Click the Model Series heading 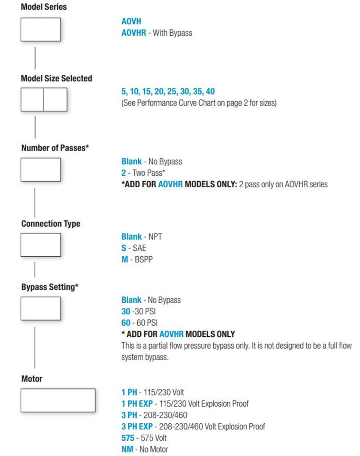(x=43, y=7)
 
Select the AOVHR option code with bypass (x=133, y=33)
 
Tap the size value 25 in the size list (x=172, y=91)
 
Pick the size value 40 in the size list (x=210, y=91)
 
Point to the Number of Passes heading (x=55, y=148)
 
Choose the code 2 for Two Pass (x=124, y=173)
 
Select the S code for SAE (x=124, y=248)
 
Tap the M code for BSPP (x=125, y=259)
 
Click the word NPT (x=155, y=236)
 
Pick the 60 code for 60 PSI (x=126, y=323)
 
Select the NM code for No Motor (x=127, y=449)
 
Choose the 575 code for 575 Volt (x=128, y=438)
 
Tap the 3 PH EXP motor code (x=137, y=426)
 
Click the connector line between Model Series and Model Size (x=35, y=58)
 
